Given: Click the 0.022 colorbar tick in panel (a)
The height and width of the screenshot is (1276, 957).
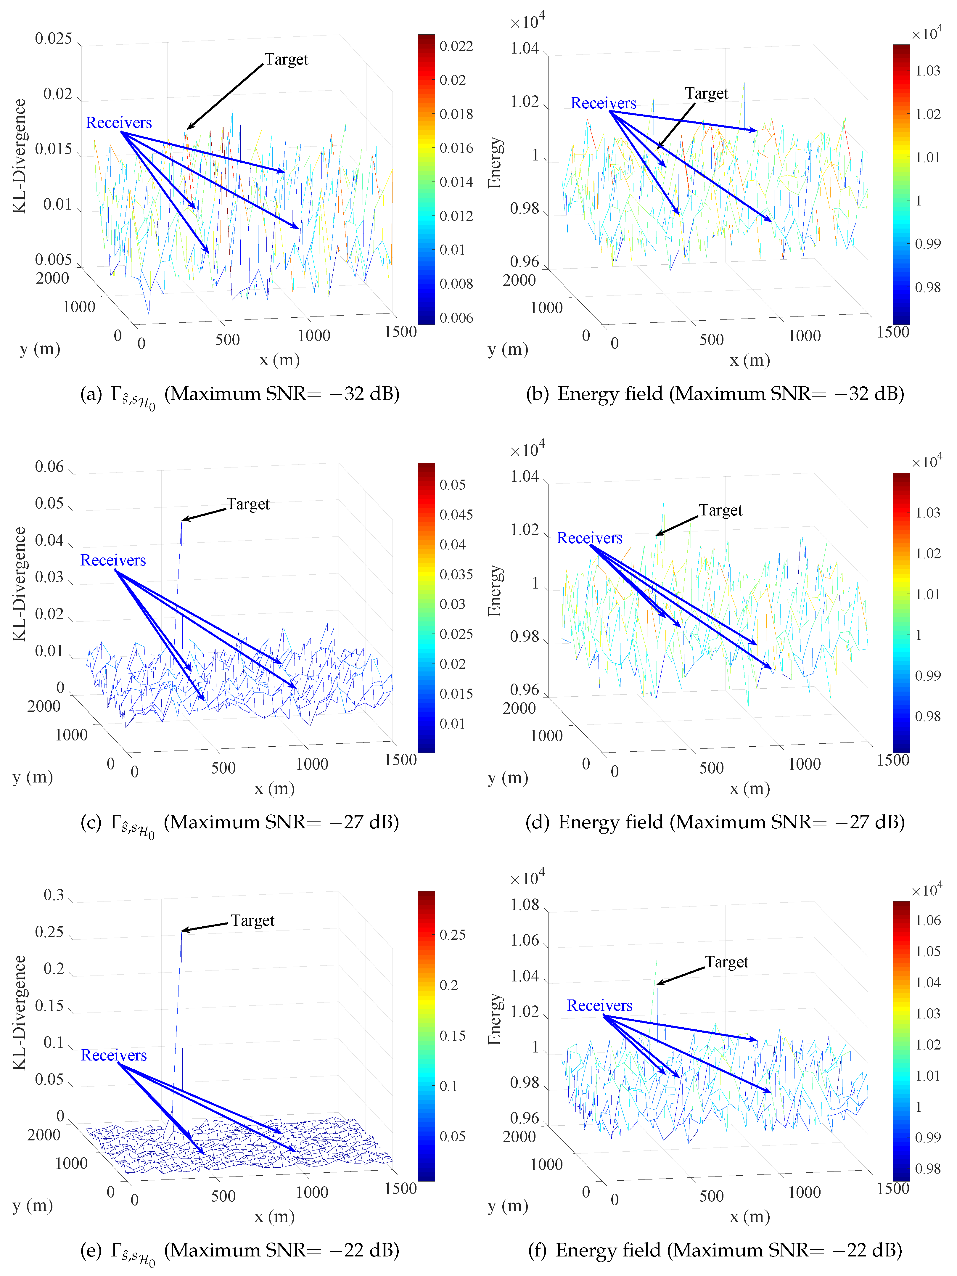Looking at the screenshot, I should click(x=456, y=46).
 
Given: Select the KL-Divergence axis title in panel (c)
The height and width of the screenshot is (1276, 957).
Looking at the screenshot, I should click(x=20, y=584).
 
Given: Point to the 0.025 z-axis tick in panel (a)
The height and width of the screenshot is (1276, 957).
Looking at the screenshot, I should click(x=54, y=39).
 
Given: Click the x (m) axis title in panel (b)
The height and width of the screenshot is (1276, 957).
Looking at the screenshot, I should click(x=749, y=361).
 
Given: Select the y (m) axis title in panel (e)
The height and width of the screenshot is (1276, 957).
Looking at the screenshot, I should click(x=32, y=1206).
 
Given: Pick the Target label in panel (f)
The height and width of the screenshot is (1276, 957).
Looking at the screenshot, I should click(x=726, y=962).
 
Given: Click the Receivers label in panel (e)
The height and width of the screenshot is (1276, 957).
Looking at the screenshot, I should click(x=114, y=1056).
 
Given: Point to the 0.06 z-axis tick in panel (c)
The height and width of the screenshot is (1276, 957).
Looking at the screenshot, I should click(x=50, y=467).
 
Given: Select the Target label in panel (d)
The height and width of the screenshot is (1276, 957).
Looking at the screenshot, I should click(x=720, y=510).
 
